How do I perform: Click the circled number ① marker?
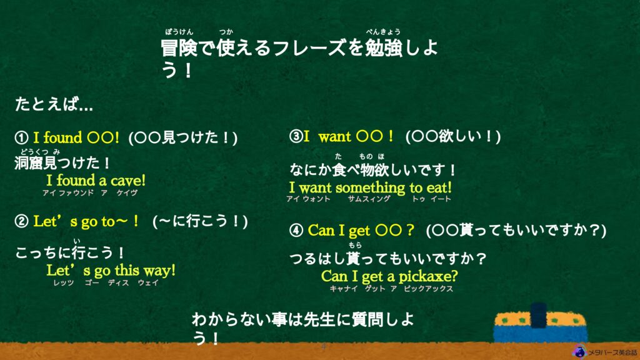[x=21, y=137]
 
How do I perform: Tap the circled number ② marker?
[x=21, y=221]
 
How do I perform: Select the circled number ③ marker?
[x=296, y=136]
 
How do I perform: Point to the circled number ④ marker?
[x=296, y=230]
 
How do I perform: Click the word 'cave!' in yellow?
[x=127, y=181]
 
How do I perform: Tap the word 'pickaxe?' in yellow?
[x=428, y=276]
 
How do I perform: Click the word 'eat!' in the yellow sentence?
[x=439, y=187]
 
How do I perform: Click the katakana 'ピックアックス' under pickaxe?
[x=428, y=289]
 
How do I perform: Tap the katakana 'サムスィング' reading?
[x=369, y=199]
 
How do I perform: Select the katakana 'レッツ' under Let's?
[x=64, y=282]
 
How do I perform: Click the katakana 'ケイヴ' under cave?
[x=127, y=192]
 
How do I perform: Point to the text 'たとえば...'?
[x=54, y=104]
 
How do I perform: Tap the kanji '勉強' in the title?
[x=384, y=47]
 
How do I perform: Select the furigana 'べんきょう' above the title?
[x=383, y=31]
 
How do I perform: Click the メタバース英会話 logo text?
[x=612, y=352]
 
